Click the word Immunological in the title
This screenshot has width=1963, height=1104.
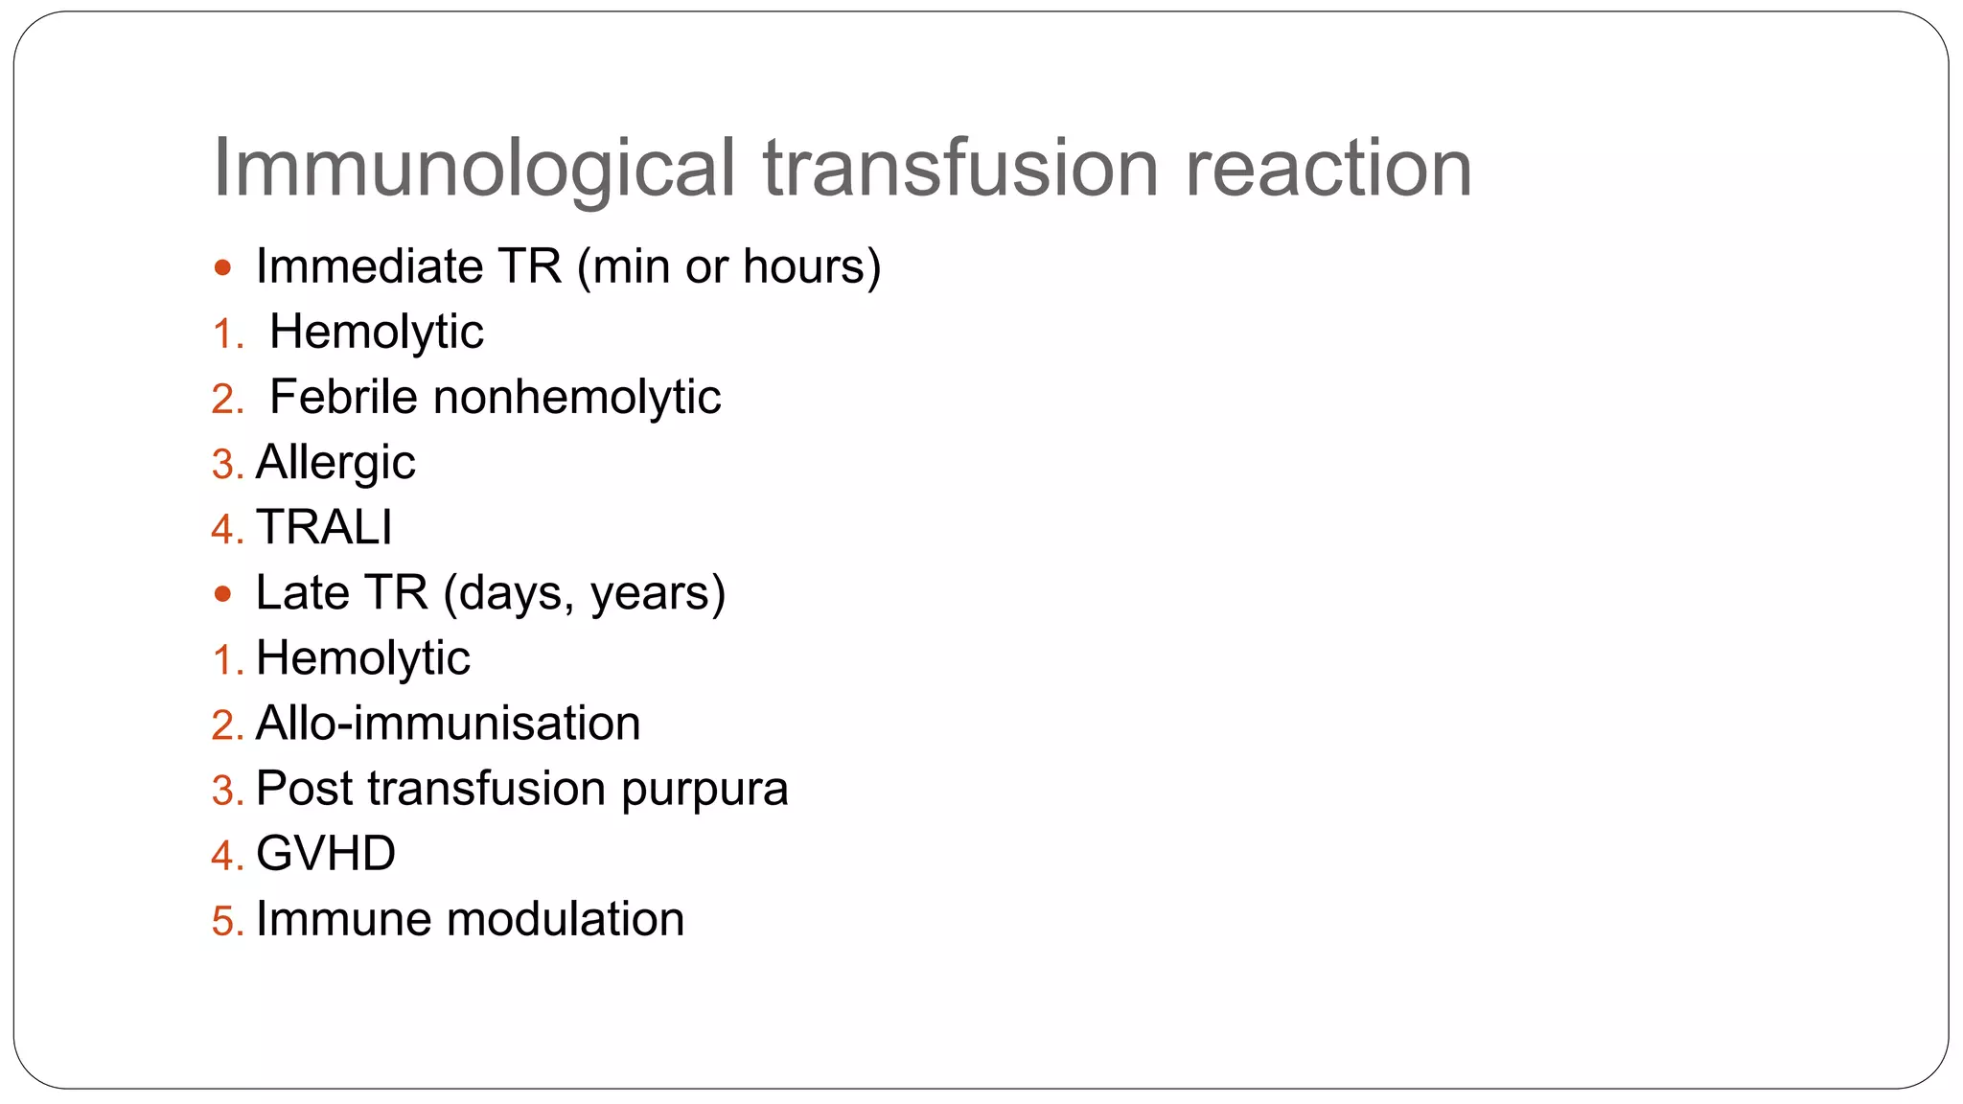473,169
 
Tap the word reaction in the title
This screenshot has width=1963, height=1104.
1328,169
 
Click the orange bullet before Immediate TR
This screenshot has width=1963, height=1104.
223,267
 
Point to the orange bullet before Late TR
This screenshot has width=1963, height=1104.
223,594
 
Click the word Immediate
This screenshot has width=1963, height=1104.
369,266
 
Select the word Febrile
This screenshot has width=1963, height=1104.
343,397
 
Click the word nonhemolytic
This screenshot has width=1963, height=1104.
577,398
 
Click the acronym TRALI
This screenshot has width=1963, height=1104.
324,527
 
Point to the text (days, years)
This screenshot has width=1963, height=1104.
585,594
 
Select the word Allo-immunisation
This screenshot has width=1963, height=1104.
448,724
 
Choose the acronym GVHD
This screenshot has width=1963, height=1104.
326,854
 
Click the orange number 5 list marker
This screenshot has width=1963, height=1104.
223,921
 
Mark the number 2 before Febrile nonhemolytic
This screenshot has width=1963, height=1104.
223,399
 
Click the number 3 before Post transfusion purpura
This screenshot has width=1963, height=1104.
223,791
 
